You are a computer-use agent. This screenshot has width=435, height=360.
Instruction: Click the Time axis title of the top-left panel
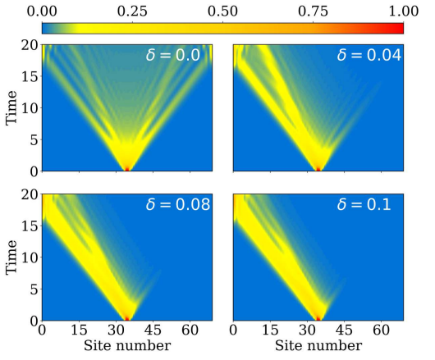coord(11,107)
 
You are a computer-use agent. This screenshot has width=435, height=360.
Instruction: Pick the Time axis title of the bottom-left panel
coord(11,257)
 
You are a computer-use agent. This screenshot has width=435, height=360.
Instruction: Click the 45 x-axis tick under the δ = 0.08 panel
coord(149,331)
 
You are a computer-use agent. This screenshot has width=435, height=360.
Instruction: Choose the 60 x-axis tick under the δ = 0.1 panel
coord(380,331)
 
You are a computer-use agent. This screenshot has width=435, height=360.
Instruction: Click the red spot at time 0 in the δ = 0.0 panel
coord(126,168)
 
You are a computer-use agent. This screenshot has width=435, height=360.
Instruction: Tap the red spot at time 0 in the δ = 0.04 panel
coord(318,168)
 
